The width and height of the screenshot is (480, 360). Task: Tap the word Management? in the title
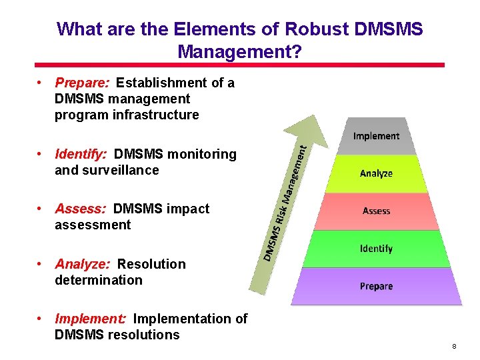(x=240, y=51)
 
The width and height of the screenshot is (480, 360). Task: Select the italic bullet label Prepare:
(x=83, y=83)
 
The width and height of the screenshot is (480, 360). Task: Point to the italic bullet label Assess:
(x=80, y=209)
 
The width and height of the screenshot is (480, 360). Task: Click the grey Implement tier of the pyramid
(x=376, y=136)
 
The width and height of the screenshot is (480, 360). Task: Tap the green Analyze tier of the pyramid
(x=376, y=173)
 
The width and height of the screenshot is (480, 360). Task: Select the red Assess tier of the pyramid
(x=376, y=211)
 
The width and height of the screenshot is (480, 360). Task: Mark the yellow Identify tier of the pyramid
(x=376, y=249)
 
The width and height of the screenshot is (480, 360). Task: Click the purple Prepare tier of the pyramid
(x=376, y=287)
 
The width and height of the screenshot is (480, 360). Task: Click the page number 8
(x=453, y=347)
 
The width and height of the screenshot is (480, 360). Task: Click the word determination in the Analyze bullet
(x=99, y=280)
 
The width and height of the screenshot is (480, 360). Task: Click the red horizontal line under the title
(x=240, y=65)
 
